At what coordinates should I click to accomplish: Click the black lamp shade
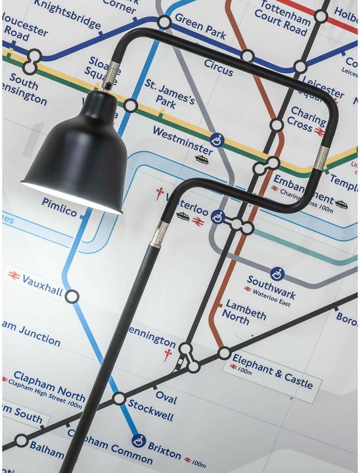[76, 161]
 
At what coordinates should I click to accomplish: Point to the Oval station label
[166, 396]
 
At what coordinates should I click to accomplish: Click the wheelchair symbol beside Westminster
[215, 139]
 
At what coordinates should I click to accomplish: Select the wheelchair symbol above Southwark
[277, 273]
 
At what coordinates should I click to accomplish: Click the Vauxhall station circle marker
[72, 296]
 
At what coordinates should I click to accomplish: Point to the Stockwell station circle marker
[118, 398]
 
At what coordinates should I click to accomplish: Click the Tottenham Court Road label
[284, 18]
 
